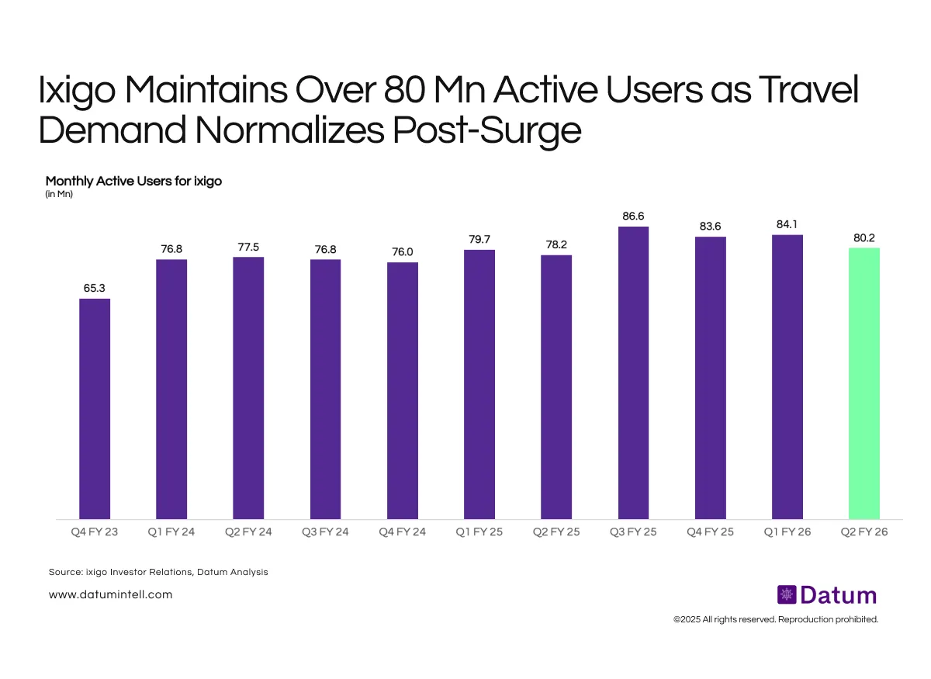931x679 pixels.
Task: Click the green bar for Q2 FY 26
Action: (x=864, y=383)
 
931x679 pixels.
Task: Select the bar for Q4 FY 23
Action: (x=95, y=409)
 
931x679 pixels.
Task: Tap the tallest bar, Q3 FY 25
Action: (x=633, y=372)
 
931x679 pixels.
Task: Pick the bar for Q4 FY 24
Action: (x=403, y=390)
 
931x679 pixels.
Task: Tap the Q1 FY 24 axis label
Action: (x=171, y=532)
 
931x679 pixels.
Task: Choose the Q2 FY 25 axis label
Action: (x=556, y=532)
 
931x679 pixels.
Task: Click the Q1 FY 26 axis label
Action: (x=787, y=532)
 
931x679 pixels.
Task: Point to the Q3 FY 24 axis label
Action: (x=325, y=532)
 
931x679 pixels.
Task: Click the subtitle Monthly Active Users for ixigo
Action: (x=134, y=181)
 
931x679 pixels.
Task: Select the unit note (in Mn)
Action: (x=59, y=194)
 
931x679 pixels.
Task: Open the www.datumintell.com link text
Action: (x=110, y=594)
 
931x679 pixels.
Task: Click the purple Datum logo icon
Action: (x=787, y=595)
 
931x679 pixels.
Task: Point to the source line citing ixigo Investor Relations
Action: (x=157, y=572)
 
